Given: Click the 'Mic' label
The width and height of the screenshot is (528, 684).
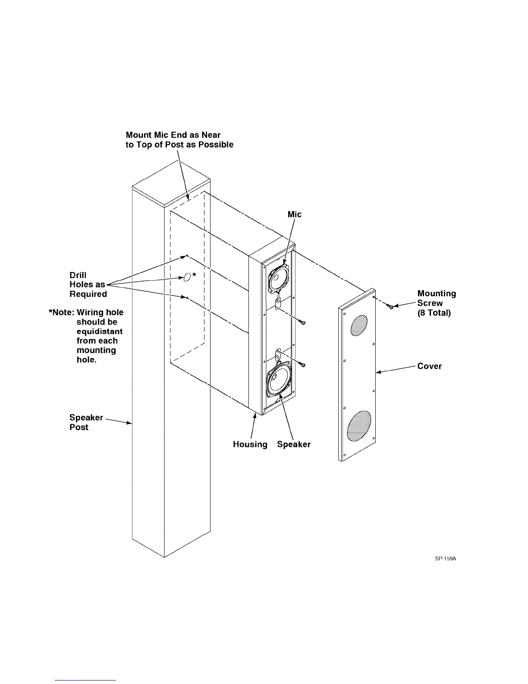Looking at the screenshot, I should point(295,215).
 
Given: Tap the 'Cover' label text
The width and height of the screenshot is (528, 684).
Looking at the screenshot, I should point(429,366).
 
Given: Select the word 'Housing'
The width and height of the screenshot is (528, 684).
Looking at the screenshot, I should point(250,444).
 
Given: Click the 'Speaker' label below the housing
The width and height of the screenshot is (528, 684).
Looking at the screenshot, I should point(294,444).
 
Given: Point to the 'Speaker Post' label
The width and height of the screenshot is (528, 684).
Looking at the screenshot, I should point(86,422).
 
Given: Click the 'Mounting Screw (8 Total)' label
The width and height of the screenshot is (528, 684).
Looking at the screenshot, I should point(436,303).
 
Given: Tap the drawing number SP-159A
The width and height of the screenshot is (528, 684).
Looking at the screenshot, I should point(445,558).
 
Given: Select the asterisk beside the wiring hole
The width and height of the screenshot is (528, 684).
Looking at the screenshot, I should point(195,275).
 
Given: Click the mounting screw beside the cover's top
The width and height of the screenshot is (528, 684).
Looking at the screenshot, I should point(391,307).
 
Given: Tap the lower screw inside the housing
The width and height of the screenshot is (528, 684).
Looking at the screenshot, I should point(303,365).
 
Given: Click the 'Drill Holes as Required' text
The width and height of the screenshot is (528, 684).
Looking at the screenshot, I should point(88,285).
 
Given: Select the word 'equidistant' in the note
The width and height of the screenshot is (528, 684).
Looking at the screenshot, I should point(100,331).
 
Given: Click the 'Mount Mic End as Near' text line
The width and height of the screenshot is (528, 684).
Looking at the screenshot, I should point(173,135).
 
